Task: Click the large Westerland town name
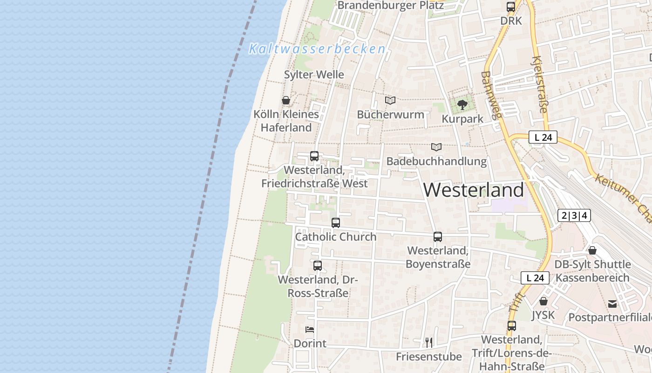pyautogui.click(x=474, y=190)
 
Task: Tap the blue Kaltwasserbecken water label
pyautogui.click(x=317, y=48)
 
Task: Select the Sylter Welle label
pyautogui.click(x=314, y=75)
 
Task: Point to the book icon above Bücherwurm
pyautogui.click(x=390, y=100)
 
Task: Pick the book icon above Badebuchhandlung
pyautogui.click(x=436, y=147)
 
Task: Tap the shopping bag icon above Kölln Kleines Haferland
pyautogui.click(x=285, y=100)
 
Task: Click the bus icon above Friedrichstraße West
pyautogui.click(x=314, y=156)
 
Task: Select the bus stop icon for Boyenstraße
pyautogui.click(x=438, y=237)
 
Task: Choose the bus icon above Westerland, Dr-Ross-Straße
pyautogui.click(x=318, y=266)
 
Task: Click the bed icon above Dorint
pyautogui.click(x=310, y=330)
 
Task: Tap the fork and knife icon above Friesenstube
pyautogui.click(x=429, y=343)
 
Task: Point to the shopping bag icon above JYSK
pyautogui.click(x=543, y=301)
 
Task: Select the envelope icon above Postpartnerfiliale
pyautogui.click(x=612, y=304)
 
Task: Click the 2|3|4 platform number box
pyautogui.click(x=574, y=215)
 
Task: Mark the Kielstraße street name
pyautogui.click(x=539, y=85)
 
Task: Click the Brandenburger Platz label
pyautogui.click(x=391, y=5)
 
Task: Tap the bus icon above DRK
pyautogui.click(x=511, y=7)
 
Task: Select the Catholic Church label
pyautogui.click(x=335, y=237)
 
